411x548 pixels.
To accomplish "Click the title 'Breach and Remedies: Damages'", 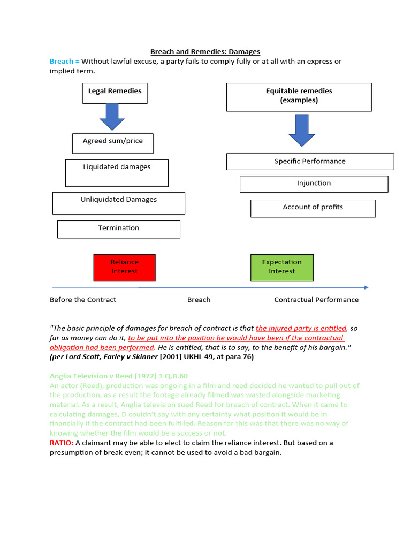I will [205, 52].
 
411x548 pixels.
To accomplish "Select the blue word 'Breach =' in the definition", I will [64, 62].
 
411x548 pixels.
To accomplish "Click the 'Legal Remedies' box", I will [115, 93].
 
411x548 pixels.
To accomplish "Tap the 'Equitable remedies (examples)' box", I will [299, 97].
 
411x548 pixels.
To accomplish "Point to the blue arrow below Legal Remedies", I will [112, 117].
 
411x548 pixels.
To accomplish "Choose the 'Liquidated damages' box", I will [117, 173].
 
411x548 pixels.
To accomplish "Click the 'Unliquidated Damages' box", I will [118, 203].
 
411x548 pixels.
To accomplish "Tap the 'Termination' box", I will [118, 229].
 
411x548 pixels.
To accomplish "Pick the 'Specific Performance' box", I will [310, 162].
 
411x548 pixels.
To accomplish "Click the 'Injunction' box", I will [314, 184].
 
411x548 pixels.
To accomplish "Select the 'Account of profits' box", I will [313, 208].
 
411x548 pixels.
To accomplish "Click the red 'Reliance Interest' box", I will [124, 267].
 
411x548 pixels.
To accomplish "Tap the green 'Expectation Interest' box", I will [281, 267].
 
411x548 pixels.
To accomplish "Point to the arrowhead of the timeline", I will [366, 287].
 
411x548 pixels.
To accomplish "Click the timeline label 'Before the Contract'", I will [83, 300].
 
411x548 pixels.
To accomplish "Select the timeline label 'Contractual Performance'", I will [316, 300].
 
